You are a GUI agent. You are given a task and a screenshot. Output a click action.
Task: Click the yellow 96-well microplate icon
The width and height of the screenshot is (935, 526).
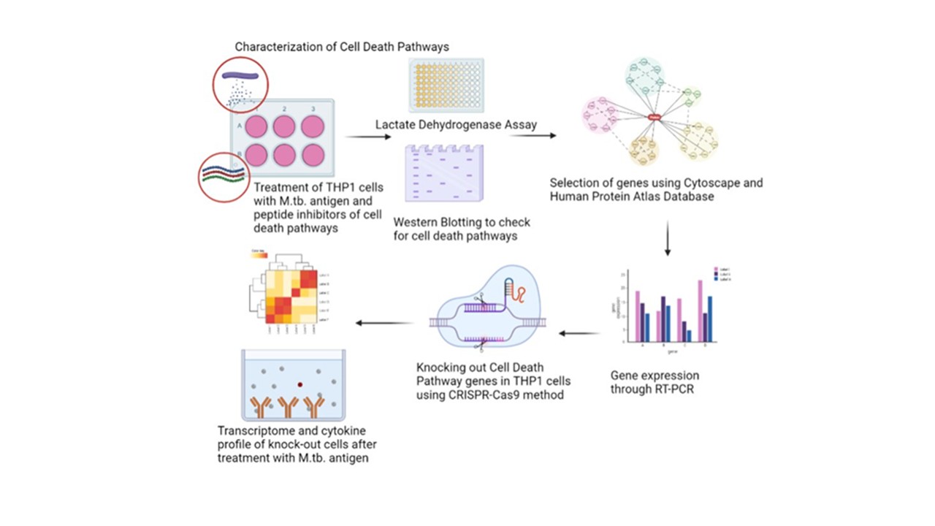pyautogui.click(x=445, y=86)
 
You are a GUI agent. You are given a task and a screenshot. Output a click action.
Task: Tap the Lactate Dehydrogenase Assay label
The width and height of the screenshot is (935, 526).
pyautogui.click(x=456, y=125)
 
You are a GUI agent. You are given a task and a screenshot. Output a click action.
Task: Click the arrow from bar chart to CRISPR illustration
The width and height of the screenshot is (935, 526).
pyautogui.click(x=580, y=334)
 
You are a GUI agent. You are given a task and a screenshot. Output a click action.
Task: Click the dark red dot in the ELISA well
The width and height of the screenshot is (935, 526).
pyautogui.click(x=299, y=383)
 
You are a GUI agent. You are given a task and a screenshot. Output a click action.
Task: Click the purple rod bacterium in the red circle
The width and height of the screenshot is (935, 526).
pyautogui.click(x=240, y=75)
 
